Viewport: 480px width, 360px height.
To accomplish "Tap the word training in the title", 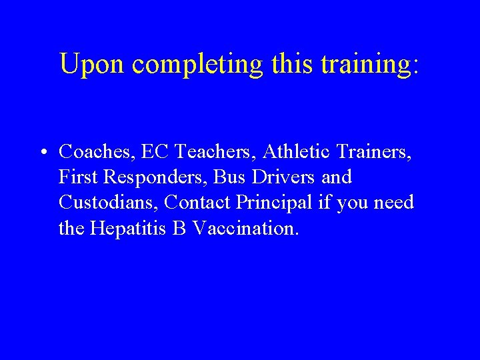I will click(369, 65).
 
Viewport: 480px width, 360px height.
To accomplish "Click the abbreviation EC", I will click(151, 153).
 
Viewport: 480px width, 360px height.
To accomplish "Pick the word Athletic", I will click(298, 153).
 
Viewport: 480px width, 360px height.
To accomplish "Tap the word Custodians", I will click(107, 202).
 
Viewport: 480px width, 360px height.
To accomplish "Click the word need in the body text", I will click(394, 202).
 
